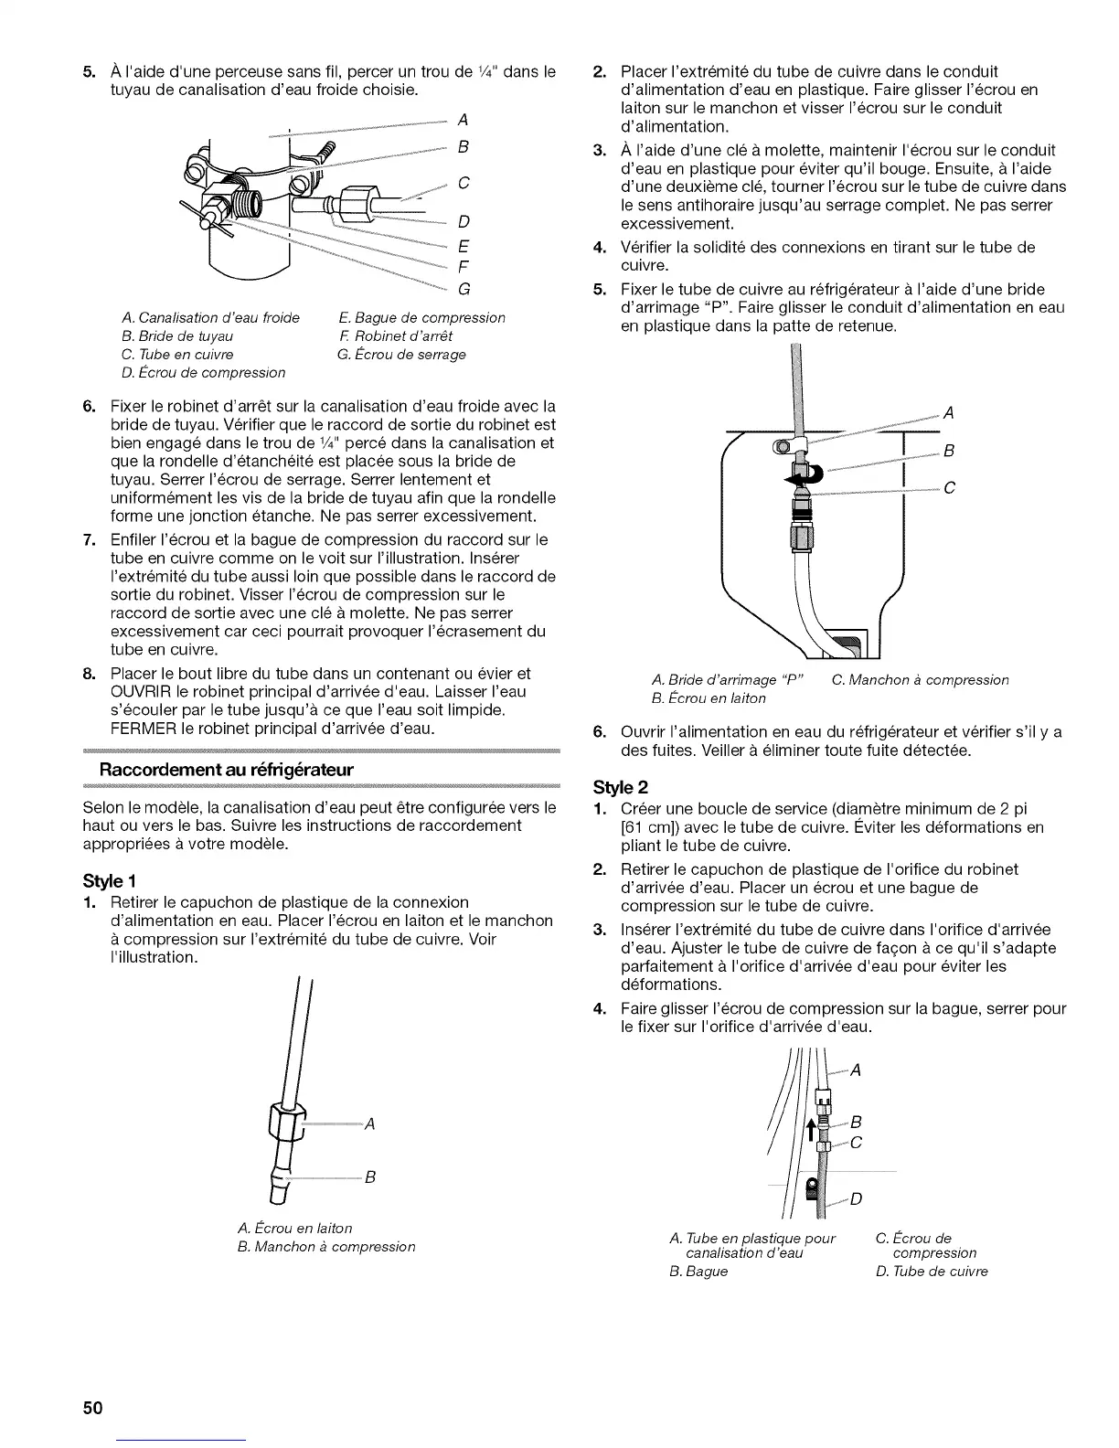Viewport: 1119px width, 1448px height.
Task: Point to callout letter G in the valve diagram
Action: [x=464, y=290]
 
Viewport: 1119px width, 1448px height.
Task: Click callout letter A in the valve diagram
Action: [x=463, y=119]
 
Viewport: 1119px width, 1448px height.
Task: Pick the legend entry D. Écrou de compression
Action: [x=203, y=372]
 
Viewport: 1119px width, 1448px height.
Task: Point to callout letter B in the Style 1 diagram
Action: [x=370, y=1176]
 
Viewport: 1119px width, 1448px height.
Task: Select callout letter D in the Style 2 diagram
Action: [x=856, y=1198]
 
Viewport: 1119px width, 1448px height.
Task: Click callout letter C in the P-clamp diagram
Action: [x=949, y=488]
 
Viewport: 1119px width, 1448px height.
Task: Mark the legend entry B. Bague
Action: [x=698, y=1271]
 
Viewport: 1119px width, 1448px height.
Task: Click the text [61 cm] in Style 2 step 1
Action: [x=647, y=827]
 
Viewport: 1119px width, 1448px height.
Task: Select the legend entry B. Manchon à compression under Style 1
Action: [x=325, y=1246]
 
